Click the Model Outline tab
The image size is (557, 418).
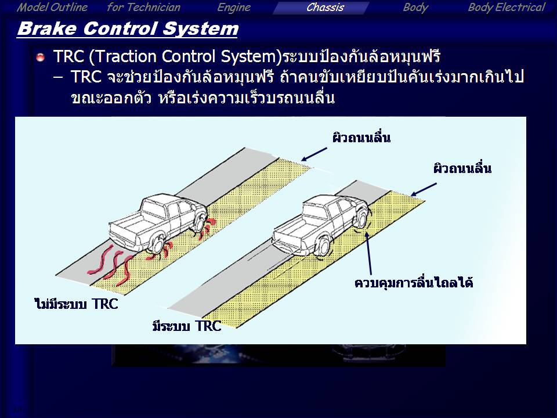pos(52,8)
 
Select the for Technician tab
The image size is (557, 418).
pos(143,8)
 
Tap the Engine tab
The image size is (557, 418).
pos(234,8)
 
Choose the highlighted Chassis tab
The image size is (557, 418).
pos(325,8)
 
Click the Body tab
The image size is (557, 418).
pos(415,8)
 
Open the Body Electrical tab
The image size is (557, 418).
pos(506,8)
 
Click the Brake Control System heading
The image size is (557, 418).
pos(128,28)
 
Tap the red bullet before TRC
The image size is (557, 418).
pos(41,57)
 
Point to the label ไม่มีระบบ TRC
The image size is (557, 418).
pos(76,304)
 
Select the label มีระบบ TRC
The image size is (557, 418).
pos(187,326)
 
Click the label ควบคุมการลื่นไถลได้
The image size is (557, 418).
pos(414,283)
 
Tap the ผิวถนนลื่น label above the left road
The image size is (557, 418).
pos(361,137)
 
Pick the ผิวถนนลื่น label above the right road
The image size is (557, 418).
pos(462,168)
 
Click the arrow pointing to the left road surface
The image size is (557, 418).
pos(314,154)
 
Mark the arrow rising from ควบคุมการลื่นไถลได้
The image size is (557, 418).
pos(369,254)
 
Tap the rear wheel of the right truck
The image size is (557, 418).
pos(323,246)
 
